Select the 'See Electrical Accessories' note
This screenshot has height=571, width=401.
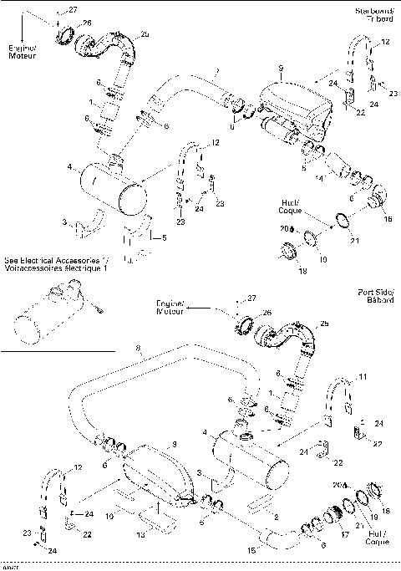(x=58, y=265)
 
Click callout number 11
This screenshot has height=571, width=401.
(x=362, y=377)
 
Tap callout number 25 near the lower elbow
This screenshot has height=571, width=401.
(x=324, y=323)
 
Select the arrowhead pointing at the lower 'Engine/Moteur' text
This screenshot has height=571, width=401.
(x=190, y=308)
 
